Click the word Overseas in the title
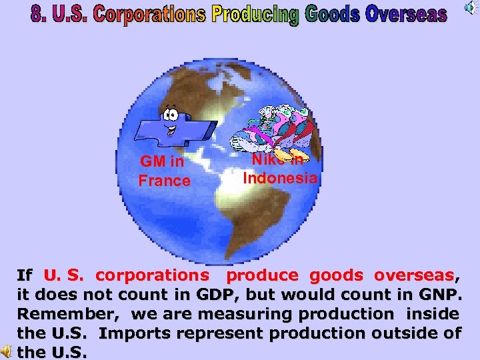(x=406, y=13)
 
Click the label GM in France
(x=164, y=171)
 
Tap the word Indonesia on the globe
(x=280, y=178)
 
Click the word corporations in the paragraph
(x=152, y=275)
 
